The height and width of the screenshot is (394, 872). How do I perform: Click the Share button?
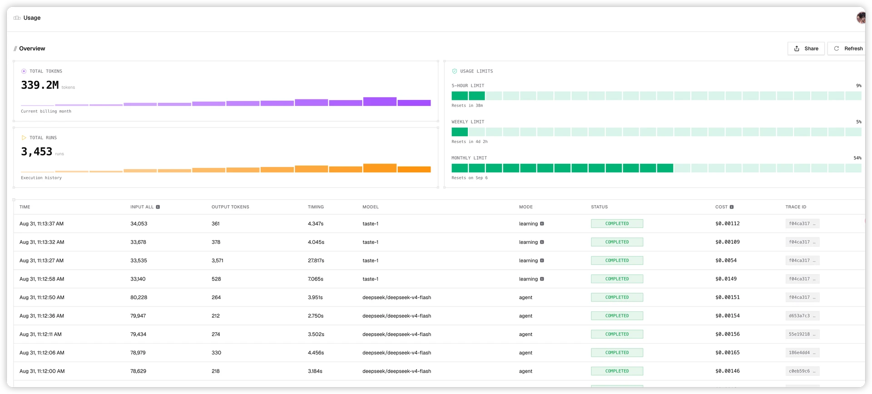click(806, 49)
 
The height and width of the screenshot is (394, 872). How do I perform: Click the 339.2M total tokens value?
click(40, 85)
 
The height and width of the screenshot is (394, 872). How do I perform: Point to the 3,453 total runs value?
click(37, 152)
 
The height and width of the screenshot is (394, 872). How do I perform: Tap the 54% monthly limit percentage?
click(857, 158)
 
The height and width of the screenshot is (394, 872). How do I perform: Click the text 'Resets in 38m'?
click(467, 105)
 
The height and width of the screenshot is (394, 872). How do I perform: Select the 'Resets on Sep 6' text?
click(469, 178)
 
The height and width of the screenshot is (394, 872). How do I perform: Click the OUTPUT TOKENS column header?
click(230, 207)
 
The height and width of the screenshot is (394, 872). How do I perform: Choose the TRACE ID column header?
click(796, 207)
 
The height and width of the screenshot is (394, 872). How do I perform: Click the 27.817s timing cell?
click(316, 261)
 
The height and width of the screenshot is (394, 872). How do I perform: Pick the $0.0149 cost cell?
click(726, 279)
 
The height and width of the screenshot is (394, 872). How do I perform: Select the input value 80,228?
click(139, 297)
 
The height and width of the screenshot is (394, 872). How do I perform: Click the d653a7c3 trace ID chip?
click(802, 316)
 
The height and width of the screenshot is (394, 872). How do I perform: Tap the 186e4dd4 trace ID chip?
click(802, 353)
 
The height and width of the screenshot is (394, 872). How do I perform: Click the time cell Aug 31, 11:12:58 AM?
click(42, 279)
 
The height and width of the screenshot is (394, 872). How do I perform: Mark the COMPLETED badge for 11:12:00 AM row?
click(617, 371)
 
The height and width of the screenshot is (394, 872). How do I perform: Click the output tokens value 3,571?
click(217, 261)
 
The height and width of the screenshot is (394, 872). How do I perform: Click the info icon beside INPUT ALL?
click(158, 207)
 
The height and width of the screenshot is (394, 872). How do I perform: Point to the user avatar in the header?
click(861, 18)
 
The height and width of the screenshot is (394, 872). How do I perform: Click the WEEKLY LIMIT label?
click(468, 122)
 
